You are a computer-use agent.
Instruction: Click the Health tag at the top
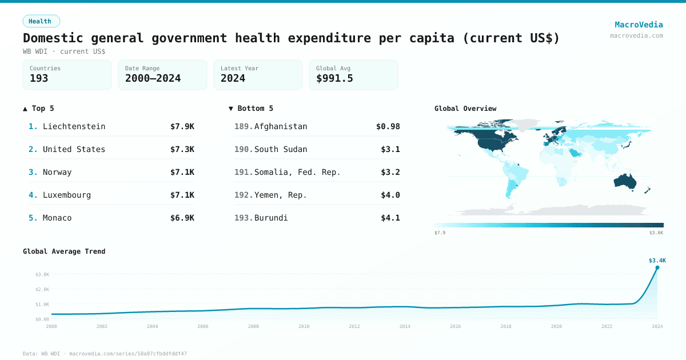pos(41,21)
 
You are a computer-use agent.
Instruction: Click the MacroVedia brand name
pos(639,25)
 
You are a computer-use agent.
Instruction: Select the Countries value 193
pos(39,79)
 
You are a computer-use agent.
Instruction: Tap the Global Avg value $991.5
pos(334,79)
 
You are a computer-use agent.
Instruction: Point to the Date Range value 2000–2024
pos(153,79)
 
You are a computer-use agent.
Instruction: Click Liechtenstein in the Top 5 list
pos(74,126)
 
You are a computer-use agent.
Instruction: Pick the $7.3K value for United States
pos(182,149)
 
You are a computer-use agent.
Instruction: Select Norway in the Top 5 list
pos(57,172)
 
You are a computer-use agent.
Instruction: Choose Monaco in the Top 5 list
pos(57,218)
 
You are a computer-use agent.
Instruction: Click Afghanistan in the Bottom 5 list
pos(281,126)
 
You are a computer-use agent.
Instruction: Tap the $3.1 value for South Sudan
pos(390,149)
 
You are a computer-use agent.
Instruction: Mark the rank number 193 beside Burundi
pos(243,218)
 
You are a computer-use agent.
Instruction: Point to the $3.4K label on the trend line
pos(657,261)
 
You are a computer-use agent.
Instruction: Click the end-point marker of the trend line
pos(657,267)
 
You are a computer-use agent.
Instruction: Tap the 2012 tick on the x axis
pos(354,326)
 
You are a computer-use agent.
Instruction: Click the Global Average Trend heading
pos(64,251)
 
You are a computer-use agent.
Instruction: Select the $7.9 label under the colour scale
pos(440,233)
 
